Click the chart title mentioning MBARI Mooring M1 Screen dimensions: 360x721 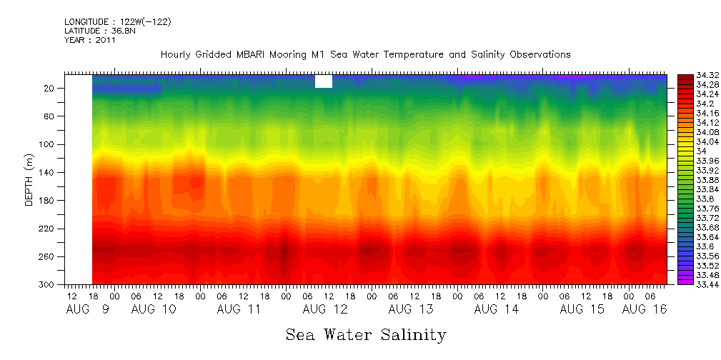pos(365,54)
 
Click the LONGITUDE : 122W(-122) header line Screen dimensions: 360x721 pos(118,22)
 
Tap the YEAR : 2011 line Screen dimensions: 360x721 pos(89,40)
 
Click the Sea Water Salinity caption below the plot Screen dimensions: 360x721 pos(366,334)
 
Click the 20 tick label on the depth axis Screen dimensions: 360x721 pos(50,88)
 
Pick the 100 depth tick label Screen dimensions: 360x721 pos(48,144)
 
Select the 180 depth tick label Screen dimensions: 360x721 pos(48,201)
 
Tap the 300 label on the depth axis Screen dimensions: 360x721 pos(48,285)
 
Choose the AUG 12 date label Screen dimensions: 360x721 pos(325,309)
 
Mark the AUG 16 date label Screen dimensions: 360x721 pos(644,309)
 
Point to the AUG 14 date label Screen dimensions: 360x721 pos(496,309)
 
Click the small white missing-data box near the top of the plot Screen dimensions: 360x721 pos(324,81)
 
